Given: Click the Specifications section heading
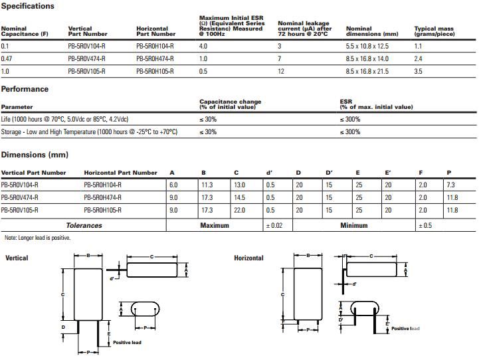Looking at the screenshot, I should pyautogui.click(x=28, y=6).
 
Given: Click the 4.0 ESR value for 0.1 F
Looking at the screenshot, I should pyautogui.click(x=203, y=46).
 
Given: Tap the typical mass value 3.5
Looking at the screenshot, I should pyautogui.click(x=419, y=70).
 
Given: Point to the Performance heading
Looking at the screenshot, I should pyautogui.click(x=25, y=89).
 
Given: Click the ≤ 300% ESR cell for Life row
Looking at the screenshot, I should pyautogui.click(x=350, y=119).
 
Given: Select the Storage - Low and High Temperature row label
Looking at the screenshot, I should pyautogui.click(x=89, y=132).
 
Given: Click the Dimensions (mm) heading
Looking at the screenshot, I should pyautogui.click(x=35, y=155).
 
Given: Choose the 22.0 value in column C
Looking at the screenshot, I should pyautogui.click(x=240, y=210).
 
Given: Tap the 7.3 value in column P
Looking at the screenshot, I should pyautogui.click(x=452, y=185).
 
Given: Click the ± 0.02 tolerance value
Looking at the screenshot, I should pyautogui.click(x=274, y=226).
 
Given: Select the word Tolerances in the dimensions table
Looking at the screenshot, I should pyautogui.click(x=84, y=226).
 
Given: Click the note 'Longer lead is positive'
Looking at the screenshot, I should pyautogui.click(x=37, y=238).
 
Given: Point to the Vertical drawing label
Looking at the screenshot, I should pyautogui.click(x=17, y=258).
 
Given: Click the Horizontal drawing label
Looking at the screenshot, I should pyautogui.click(x=248, y=258).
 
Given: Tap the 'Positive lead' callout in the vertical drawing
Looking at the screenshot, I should pyautogui.click(x=127, y=343).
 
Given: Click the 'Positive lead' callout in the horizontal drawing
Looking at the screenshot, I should pyautogui.click(x=405, y=328).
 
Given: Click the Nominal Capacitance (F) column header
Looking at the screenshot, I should pyautogui.click(x=25, y=31).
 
